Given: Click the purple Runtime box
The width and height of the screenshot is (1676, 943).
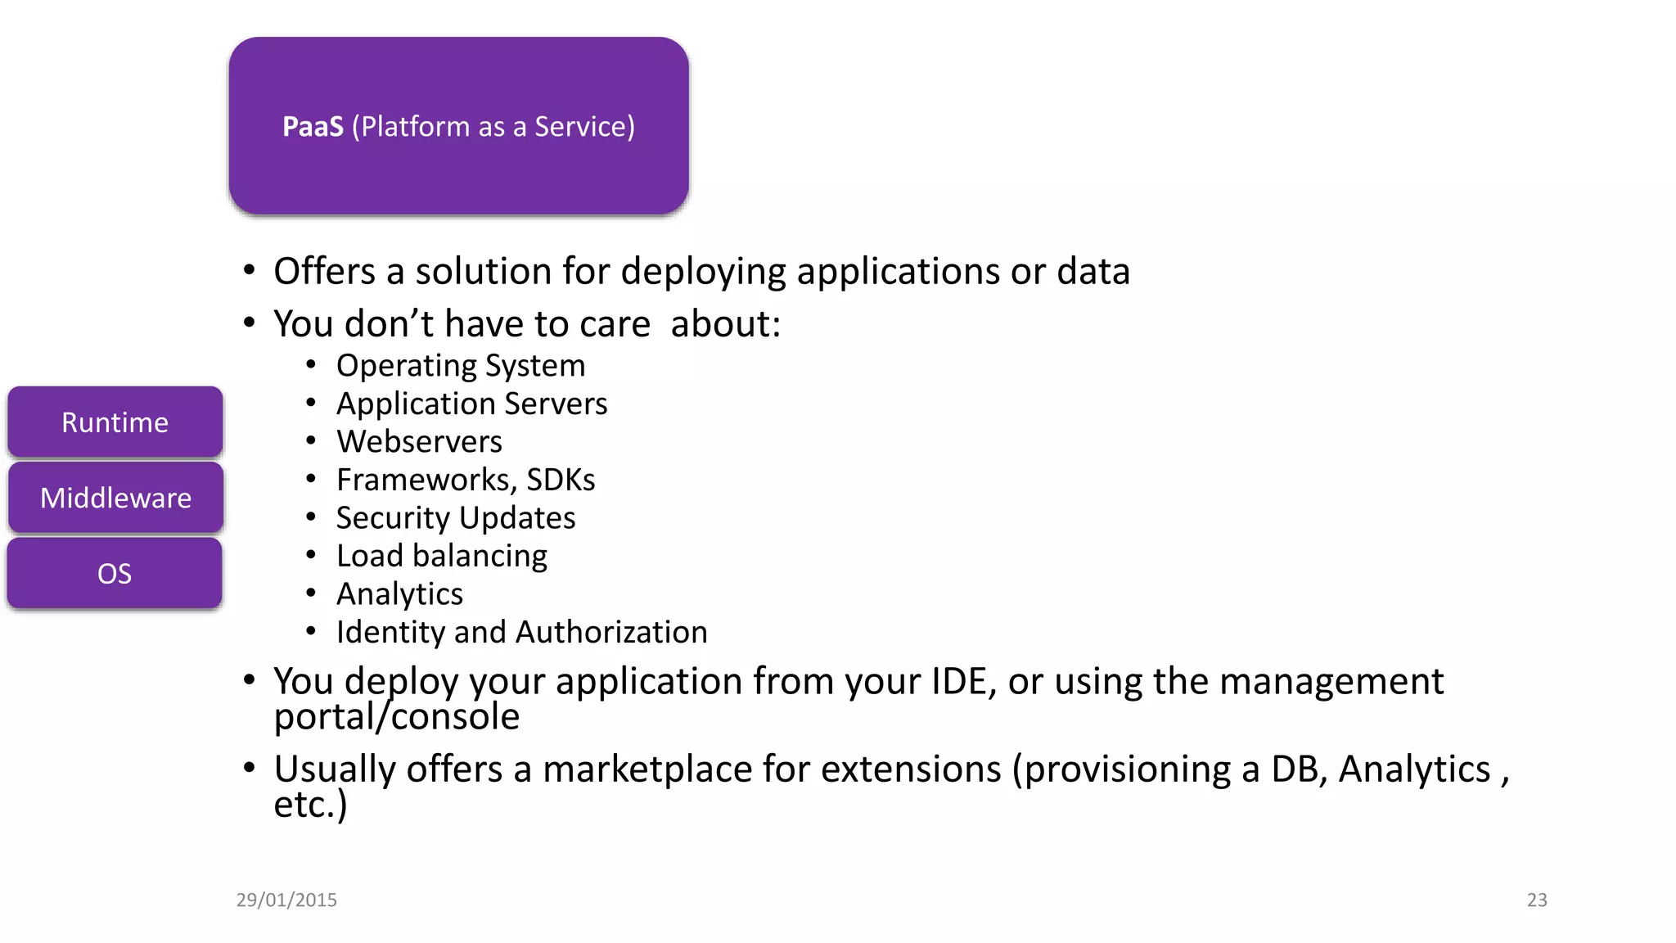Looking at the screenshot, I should tap(115, 422).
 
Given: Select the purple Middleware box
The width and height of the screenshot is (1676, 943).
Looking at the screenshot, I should tap(115, 498).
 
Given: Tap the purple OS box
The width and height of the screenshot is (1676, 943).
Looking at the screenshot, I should tap(115, 574).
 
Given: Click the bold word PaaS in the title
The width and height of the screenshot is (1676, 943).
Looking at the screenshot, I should tap(313, 127).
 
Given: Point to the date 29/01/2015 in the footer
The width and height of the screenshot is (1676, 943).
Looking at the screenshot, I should tap(286, 900).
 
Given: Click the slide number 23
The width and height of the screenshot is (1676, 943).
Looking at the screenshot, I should tap(1537, 900).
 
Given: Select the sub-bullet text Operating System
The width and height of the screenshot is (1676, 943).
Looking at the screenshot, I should tap(461, 366).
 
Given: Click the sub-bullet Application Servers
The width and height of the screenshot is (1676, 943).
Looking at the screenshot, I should tap(471, 404).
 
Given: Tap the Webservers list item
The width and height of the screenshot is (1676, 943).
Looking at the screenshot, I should tap(419, 442).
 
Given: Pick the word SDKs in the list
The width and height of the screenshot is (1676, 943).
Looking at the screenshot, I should tap(561, 480).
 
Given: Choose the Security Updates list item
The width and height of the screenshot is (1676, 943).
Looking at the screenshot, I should tap(456, 518).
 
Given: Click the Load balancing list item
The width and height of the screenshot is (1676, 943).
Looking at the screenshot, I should tap(442, 556).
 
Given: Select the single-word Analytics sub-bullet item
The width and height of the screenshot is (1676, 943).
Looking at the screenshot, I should tap(399, 594).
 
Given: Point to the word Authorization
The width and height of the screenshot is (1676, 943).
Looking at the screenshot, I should tap(611, 632).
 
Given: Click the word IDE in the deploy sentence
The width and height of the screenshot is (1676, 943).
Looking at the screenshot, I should tap(959, 681).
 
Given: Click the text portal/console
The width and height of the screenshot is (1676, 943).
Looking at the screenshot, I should tap(397, 717).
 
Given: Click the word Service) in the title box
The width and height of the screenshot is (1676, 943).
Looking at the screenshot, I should tap(584, 127).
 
